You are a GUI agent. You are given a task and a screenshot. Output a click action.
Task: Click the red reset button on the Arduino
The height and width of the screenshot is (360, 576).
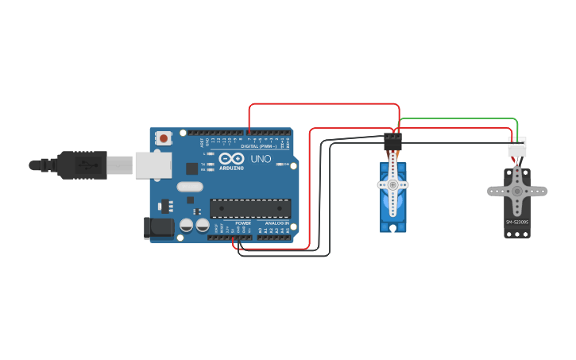pyautogui.click(x=164, y=138)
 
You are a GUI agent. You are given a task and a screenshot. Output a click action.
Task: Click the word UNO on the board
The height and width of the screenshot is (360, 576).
pyautogui.click(x=261, y=159)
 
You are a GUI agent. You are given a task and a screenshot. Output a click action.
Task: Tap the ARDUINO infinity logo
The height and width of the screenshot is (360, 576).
pyautogui.click(x=231, y=158)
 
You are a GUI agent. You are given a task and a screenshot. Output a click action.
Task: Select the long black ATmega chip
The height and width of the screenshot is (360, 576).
pyautogui.click(x=249, y=208)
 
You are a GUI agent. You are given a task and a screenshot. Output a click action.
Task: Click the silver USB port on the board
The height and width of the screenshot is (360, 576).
pyautogui.click(x=153, y=165)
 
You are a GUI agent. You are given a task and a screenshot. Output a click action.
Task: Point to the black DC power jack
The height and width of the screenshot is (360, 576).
pyautogui.click(x=158, y=228)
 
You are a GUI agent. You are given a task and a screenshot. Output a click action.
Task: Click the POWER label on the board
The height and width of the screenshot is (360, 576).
pyautogui.click(x=243, y=223)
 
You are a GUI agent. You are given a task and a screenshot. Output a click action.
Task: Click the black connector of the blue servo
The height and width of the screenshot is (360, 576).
pyautogui.click(x=392, y=142)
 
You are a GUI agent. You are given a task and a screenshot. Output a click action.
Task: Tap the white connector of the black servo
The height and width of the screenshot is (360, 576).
pyautogui.click(x=516, y=148)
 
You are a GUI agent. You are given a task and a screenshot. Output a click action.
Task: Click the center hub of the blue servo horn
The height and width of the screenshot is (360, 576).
pyautogui.click(x=392, y=184)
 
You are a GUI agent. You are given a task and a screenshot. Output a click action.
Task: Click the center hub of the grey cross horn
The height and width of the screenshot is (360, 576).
pyautogui.click(x=516, y=191)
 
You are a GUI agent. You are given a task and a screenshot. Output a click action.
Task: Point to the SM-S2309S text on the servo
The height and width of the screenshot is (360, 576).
pyautogui.click(x=516, y=222)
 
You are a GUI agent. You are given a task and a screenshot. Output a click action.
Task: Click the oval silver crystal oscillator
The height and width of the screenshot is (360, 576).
pyautogui.click(x=191, y=188)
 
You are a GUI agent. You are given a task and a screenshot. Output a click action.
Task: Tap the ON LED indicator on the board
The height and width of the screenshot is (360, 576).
pyautogui.click(x=284, y=164)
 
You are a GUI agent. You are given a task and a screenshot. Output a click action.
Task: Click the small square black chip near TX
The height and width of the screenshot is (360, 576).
pyautogui.click(x=191, y=168)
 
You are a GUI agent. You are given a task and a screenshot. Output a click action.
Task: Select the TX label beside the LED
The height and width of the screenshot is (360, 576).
pyautogui.click(x=204, y=164)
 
